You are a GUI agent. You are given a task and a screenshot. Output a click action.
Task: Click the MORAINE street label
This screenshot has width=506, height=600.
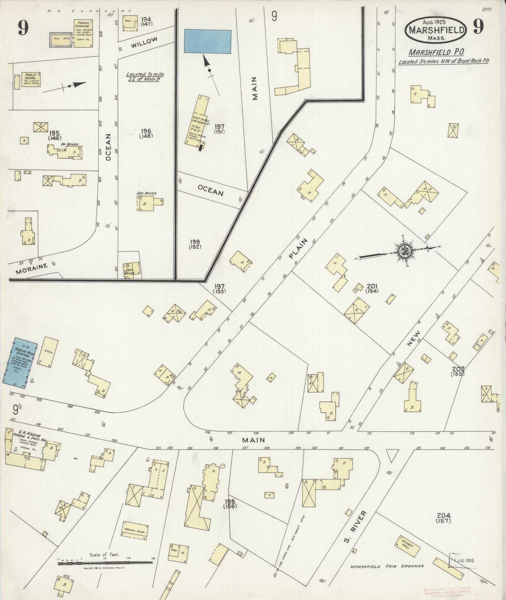(32, 268)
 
